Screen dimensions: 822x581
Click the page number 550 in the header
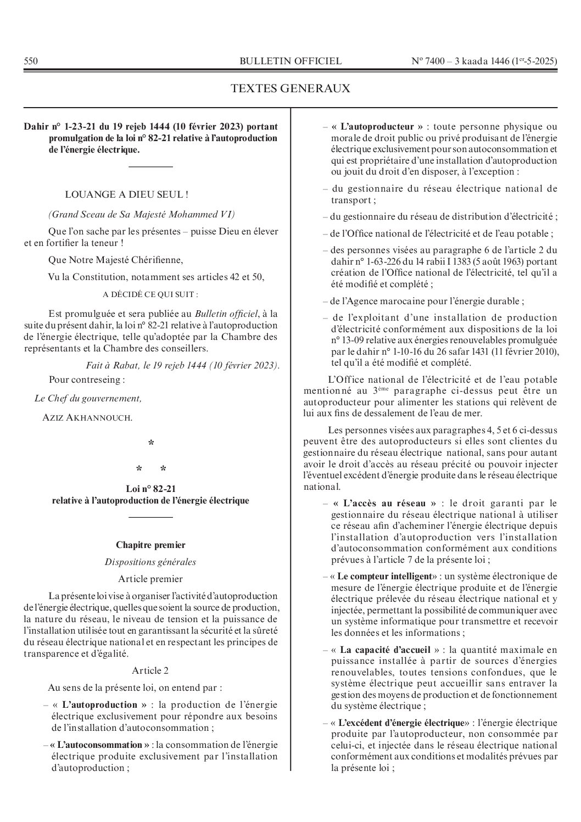(31, 61)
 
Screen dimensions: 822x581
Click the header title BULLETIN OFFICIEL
(290, 61)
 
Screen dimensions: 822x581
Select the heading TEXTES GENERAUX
(290, 88)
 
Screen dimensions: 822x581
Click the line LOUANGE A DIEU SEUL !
(127, 194)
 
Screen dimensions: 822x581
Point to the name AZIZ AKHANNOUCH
(87, 418)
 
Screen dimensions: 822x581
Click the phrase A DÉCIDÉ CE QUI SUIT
(150, 294)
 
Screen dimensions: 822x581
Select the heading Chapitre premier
(150, 545)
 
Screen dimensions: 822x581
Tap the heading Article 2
(150, 670)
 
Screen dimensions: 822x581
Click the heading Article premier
(150, 579)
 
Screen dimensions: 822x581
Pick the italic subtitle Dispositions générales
(150, 562)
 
